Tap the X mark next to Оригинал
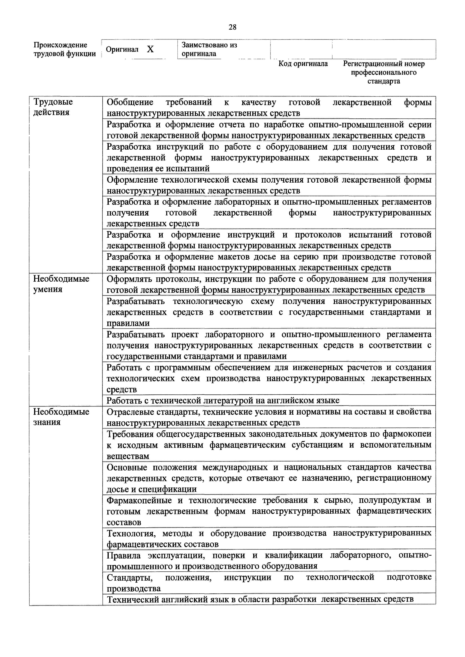click(x=150, y=49)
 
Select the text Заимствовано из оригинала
click(x=209, y=49)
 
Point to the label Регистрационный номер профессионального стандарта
click(x=384, y=72)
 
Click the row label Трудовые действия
click(x=53, y=107)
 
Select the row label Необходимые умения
click(x=61, y=284)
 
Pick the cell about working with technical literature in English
click(x=223, y=400)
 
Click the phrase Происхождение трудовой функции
click(x=65, y=49)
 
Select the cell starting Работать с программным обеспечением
click(x=269, y=378)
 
